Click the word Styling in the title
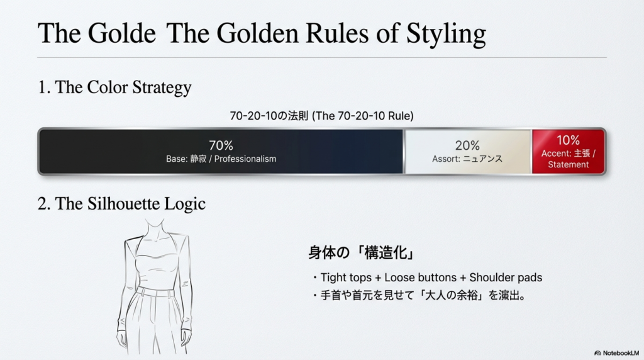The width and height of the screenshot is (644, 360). (446, 34)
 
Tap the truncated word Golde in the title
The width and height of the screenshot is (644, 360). (121, 33)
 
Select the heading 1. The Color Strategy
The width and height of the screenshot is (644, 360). (114, 87)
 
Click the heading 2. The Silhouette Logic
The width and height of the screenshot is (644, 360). (121, 203)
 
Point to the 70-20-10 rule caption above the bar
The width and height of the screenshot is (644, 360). (321, 116)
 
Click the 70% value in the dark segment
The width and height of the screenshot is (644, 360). (221, 145)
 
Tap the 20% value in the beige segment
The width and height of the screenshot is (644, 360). (467, 145)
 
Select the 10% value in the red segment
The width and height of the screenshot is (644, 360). (569, 140)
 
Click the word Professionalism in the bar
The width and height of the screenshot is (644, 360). (245, 159)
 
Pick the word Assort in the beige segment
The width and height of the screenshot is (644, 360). (445, 159)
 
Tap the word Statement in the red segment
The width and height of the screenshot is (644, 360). (569, 164)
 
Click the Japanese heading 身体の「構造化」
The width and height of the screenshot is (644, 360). (362, 252)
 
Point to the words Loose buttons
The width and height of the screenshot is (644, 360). (420, 278)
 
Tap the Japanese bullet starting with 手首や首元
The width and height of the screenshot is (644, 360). (419, 295)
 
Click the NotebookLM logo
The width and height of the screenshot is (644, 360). (616, 353)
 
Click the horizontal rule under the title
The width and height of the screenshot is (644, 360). (321, 57)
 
